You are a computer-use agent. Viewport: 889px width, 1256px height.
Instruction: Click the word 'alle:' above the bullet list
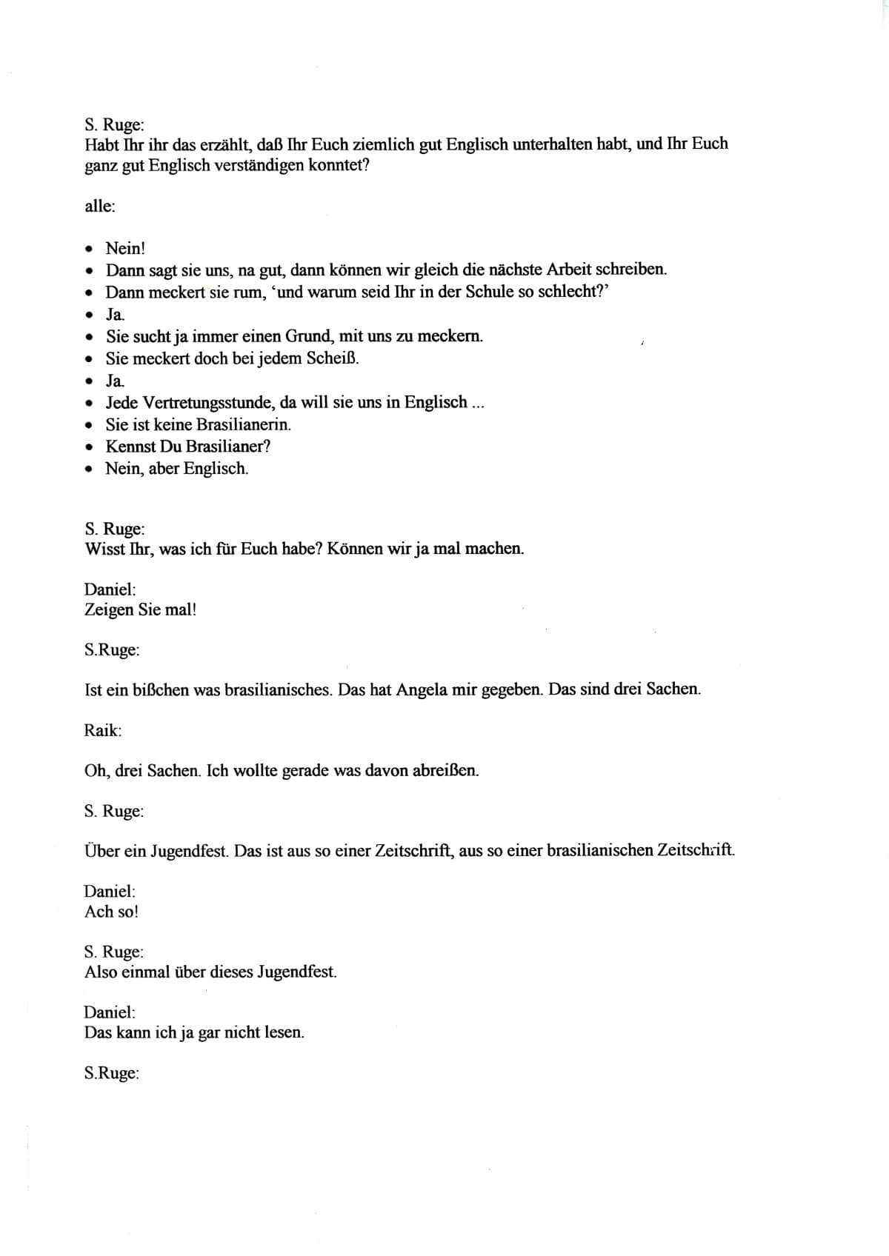[100, 207]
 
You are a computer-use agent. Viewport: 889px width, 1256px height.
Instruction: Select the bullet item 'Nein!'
[125, 248]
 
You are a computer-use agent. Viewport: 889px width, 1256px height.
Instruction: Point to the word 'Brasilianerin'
[243, 424]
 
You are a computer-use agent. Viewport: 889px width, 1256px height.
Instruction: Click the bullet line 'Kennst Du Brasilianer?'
[188, 447]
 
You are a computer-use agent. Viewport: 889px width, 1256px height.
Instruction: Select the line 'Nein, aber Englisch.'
[176, 469]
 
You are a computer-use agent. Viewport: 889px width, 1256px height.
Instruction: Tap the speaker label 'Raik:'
[103, 730]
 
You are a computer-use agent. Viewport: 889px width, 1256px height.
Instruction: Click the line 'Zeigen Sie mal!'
[140, 610]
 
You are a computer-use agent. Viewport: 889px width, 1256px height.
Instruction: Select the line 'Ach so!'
[111, 912]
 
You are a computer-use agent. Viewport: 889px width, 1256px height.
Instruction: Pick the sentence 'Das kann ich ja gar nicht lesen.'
[194, 1032]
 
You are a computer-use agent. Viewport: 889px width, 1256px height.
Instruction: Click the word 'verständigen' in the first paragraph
[261, 165]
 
